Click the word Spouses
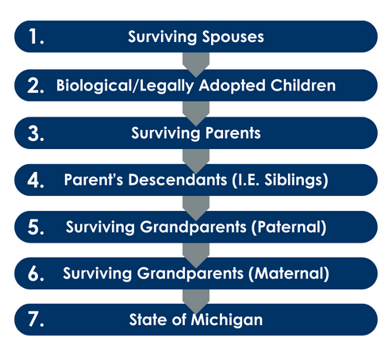click(x=233, y=37)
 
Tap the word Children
click(x=303, y=86)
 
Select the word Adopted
click(x=232, y=86)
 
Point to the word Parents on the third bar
click(x=233, y=133)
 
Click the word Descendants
click(x=178, y=180)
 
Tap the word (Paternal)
click(x=289, y=227)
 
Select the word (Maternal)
click(x=289, y=274)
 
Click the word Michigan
click(x=227, y=320)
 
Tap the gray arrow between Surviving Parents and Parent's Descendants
click(x=196, y=161)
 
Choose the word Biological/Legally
click(x=125, y=86)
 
